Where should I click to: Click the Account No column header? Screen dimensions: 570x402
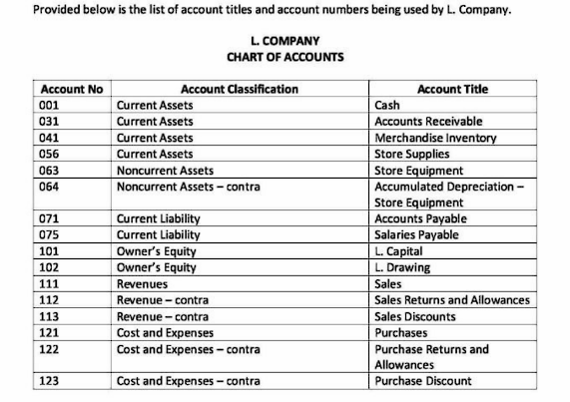pyautogui.click(x=71, y=89)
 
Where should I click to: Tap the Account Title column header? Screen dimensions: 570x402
pyautogui.click(x=454, y=89)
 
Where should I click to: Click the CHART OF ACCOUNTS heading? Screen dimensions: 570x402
pyautogui.click(x=285, y=57)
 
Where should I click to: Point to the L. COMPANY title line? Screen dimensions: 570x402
pyautogui.click(x=285, y=41)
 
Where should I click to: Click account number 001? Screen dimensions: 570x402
pyautogui.click(x=50, y=105)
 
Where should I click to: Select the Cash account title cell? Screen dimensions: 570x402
pyautogui.click(x=387, y=105)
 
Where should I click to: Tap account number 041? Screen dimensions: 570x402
pyautogui.click(x=50, y=138)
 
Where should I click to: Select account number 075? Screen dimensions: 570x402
pyautogui.click(x=50, y=234)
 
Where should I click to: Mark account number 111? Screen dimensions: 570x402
pyautogui.click(x=50, y=283)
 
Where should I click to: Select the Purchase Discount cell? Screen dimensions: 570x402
pyautogui.click(x=423, y=381)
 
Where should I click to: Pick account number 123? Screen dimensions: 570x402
pyautogui.click(x=50, y=381)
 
